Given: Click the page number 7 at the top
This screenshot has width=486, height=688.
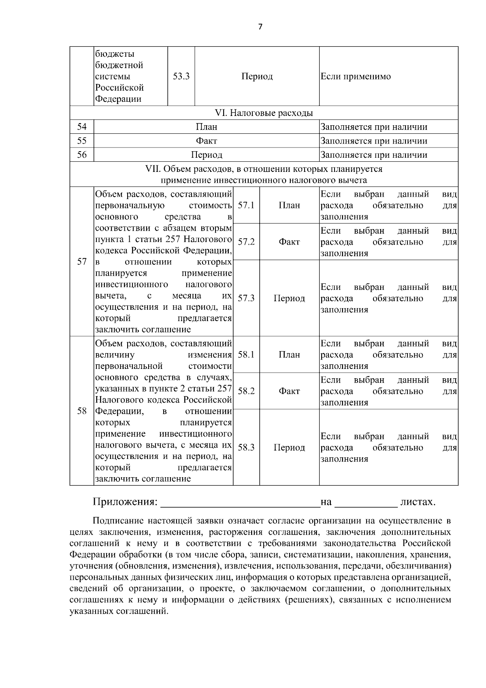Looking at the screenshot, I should pos(260,27).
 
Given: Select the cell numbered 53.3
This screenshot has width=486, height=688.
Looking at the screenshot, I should pos(181,77).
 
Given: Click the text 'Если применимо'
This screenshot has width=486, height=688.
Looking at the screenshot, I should pos(356,77).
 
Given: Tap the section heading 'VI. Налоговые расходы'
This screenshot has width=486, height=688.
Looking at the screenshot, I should pos(264,113).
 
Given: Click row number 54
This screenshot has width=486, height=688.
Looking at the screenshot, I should pos(82,127).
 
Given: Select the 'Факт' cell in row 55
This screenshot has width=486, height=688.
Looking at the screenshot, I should pos(207,141).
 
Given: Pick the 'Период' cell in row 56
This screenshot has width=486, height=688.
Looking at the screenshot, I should pos(207,155).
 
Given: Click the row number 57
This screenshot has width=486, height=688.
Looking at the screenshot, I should pos(82,261).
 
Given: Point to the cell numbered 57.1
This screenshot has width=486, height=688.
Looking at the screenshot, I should pos(246,205).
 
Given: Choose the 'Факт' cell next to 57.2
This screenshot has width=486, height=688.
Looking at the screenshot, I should pos(289,242).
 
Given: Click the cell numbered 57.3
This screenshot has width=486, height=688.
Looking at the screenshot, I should pos(246,298).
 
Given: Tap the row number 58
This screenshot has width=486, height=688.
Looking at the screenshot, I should pos(82,411).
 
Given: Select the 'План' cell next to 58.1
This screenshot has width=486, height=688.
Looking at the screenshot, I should pos(289,355).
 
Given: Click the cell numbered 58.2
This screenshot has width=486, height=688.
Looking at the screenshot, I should pos(246,391).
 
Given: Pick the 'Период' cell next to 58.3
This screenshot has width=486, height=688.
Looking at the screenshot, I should pos(289,448).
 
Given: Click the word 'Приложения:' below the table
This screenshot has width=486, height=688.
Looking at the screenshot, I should pos(125,502).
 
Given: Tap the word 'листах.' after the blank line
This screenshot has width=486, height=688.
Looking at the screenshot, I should pos(418,502).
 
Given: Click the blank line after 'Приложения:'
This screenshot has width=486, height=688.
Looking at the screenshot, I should pos(240,503).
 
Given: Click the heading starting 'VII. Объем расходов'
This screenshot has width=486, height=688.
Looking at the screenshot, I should pos(264,174).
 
